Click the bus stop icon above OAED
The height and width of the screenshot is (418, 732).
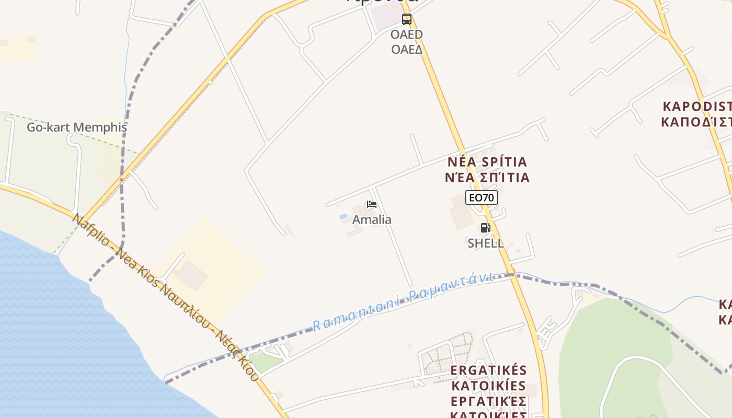[406, 19]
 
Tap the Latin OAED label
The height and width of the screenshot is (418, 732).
[406, 34]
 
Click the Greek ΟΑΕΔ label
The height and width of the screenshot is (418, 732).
[406, 49]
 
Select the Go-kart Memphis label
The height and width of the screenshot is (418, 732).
[77, 127]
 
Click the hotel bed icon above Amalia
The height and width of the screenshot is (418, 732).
[372, 204]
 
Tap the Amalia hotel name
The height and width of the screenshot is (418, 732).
[372, 219]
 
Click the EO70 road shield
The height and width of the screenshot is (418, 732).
[481, 198]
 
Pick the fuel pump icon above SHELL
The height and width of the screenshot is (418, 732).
[485, 228]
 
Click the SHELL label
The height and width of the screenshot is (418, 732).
[486, 243]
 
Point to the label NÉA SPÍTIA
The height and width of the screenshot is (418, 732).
[487, 161]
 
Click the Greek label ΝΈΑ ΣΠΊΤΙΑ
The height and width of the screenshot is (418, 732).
[487, 177]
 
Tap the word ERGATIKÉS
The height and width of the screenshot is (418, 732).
[488, 370]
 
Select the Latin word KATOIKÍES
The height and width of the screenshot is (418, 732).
[488, 386]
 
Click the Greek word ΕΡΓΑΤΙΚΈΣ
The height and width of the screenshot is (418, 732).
[488, 402]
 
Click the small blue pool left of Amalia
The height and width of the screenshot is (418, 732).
[344, 216]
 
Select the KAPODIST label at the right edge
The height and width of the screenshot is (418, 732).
[697, 107]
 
